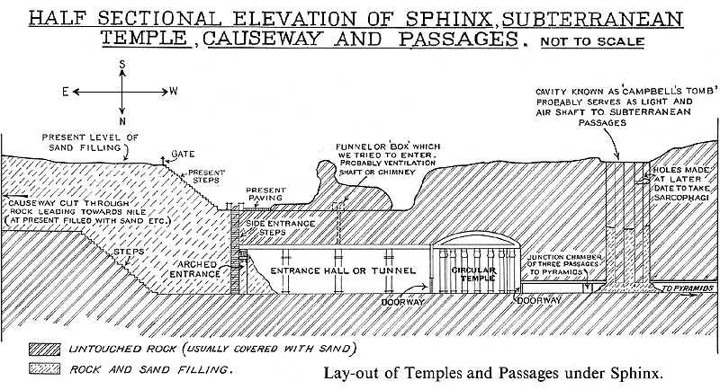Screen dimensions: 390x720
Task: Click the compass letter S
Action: click(121, 64)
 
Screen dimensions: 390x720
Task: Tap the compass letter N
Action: click(121, 120)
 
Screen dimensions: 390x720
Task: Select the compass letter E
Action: click(65, 92)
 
